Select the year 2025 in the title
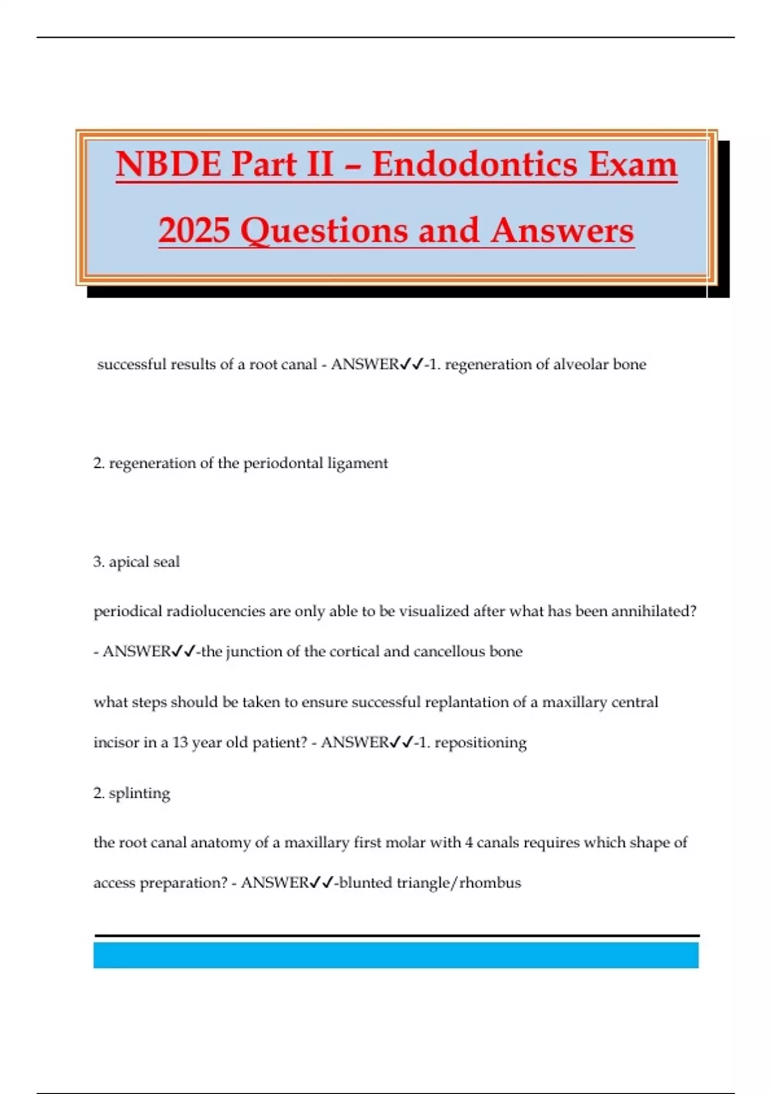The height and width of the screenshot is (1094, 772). click(x=194, y=230)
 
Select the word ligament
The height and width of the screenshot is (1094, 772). click(x=358, y=463)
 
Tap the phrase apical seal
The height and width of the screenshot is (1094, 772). click(x=144, y=562)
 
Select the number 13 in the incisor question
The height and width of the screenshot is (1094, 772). click(x=180, y=743)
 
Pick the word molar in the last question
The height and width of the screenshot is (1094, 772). click(x=421, y=842)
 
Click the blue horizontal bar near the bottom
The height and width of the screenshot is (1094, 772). click(x=396, y=955)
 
